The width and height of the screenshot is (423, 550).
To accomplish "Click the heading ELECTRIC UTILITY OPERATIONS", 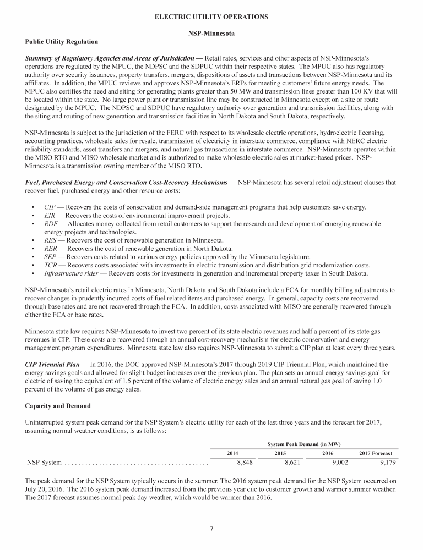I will [x=211, y=17].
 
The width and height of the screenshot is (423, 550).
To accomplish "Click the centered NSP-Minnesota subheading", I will [x=211, y=34].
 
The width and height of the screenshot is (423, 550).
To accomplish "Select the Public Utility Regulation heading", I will [x=62, y=42].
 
